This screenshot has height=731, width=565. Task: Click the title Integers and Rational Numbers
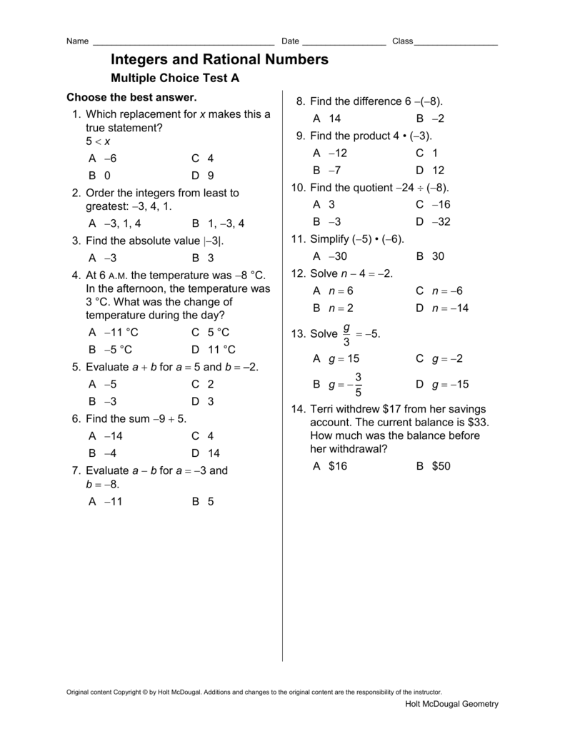tap(219, 60)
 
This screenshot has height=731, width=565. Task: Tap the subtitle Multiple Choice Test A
tap(175, 79)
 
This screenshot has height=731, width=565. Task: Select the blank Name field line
tap(184, 42)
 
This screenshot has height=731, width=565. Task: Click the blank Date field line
tap(344, 42)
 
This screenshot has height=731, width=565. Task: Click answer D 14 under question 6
tap(206, 453)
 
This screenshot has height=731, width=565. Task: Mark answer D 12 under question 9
tap(430, 171)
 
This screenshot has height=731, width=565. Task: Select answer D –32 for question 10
tap(433, 222)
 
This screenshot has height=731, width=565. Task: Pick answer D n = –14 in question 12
tap(442, 308)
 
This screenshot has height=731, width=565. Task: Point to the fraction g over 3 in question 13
tap(346, 334)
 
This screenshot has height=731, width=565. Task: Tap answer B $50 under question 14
tap(434, 466)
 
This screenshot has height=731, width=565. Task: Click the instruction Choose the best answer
tap(131, 97)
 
